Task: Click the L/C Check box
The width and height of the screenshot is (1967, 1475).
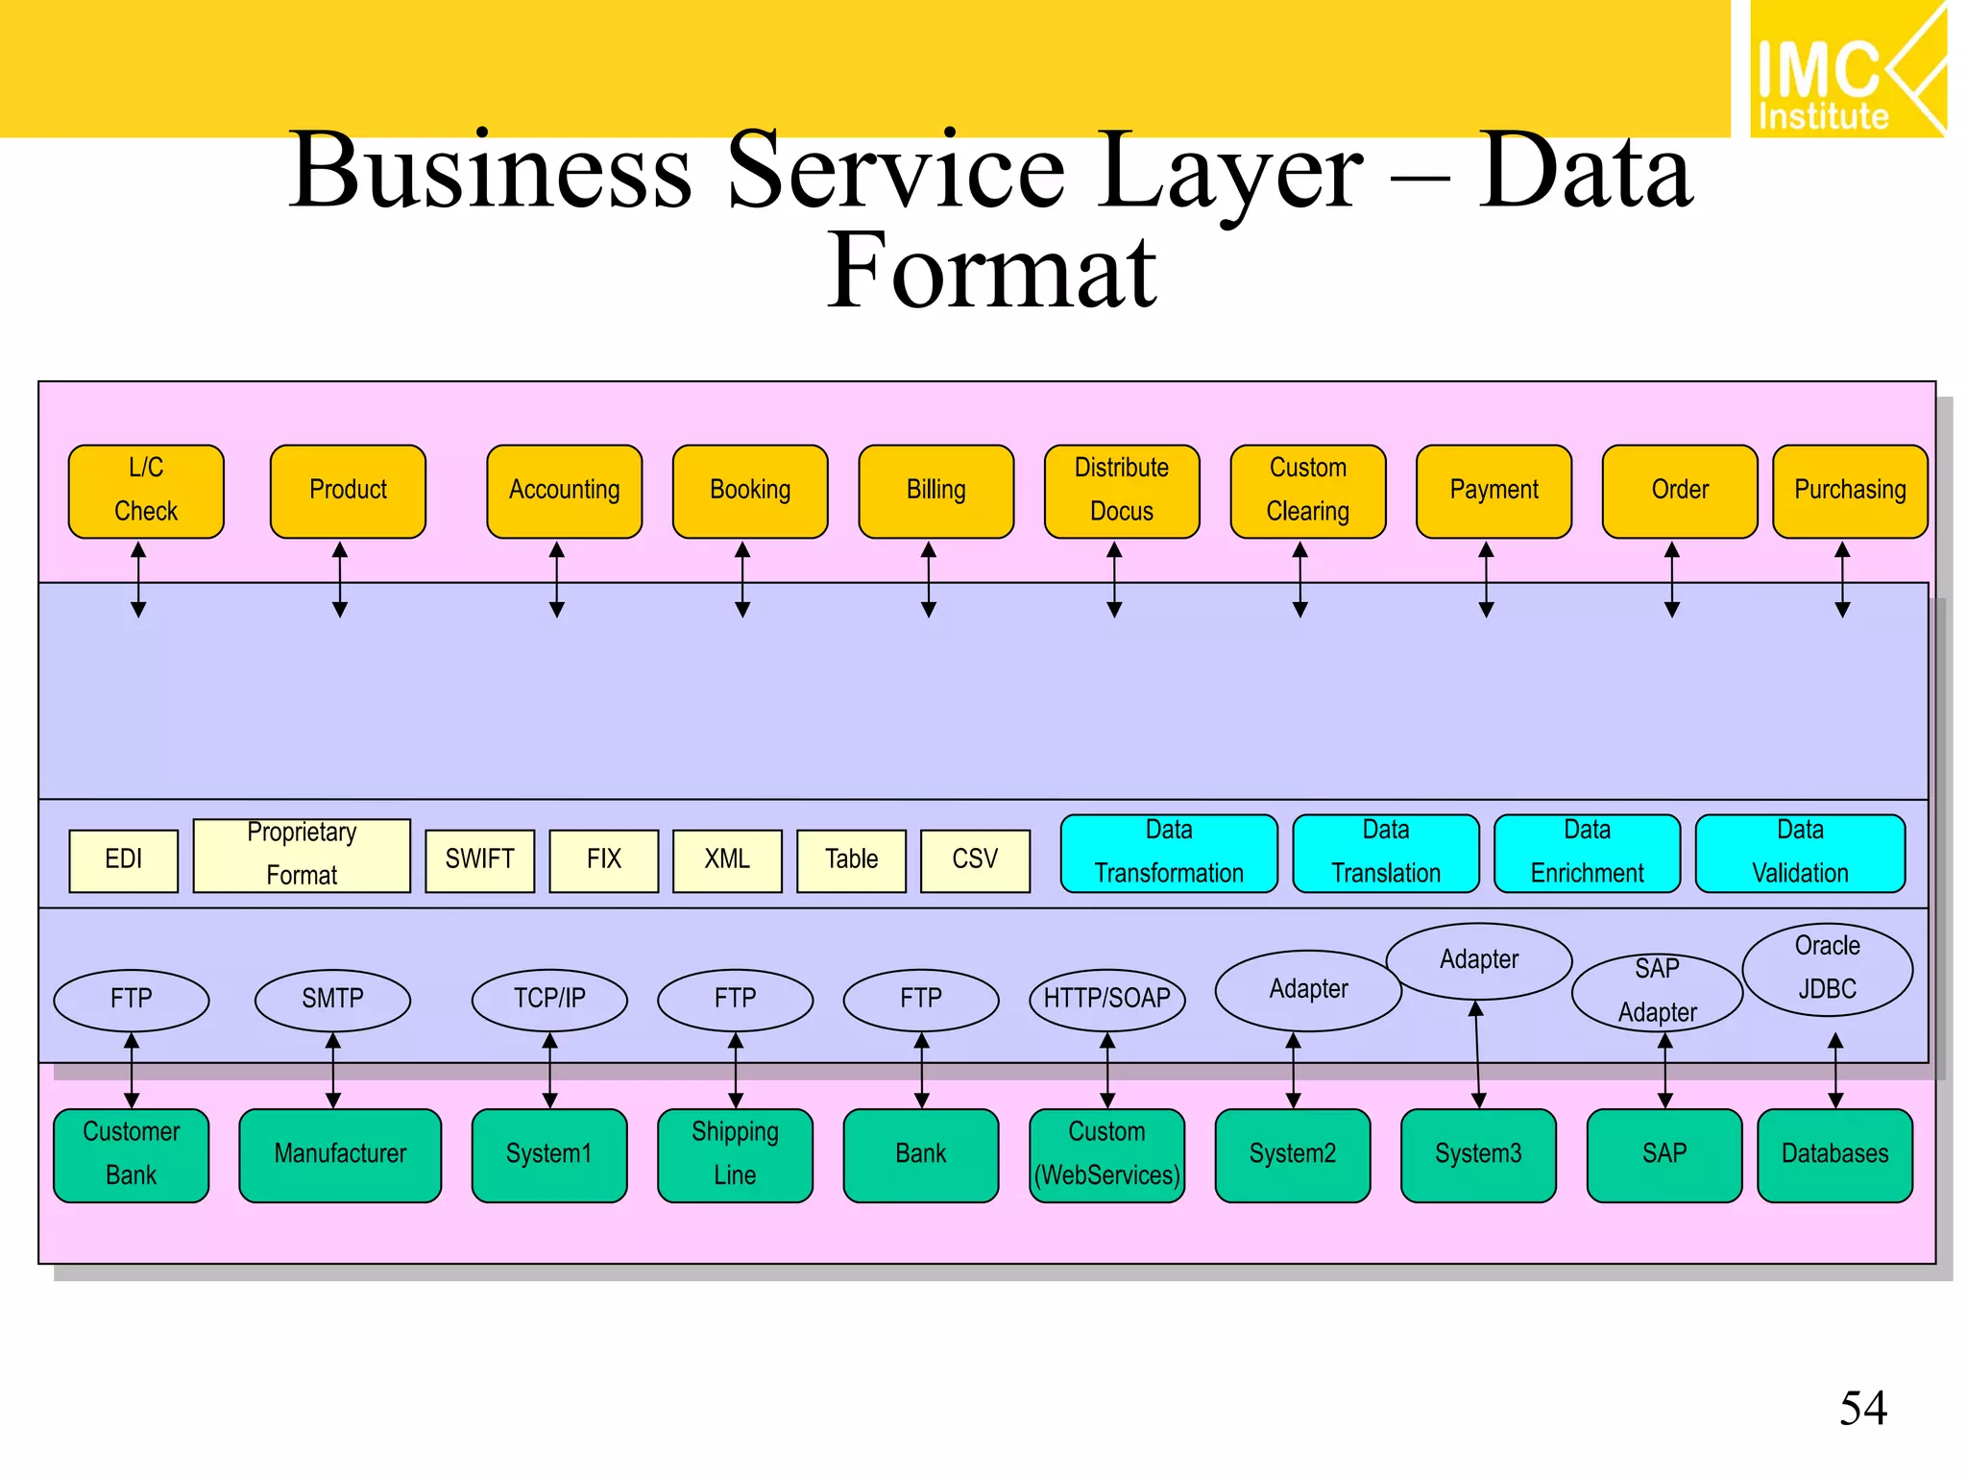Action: [x=146, y=491]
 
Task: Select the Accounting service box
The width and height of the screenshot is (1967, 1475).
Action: [x=564, y=491]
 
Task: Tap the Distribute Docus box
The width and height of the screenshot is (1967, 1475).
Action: [x=1122, y=491]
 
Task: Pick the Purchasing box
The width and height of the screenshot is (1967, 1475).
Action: [x=1850, y=491]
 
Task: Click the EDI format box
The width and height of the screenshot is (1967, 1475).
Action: [x=124, y=860]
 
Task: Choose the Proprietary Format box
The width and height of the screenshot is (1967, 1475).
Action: [x=302, y=855]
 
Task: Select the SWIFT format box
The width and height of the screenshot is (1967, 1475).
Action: [x=479, y=860]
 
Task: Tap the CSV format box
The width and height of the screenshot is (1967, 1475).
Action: [x=975, y=860]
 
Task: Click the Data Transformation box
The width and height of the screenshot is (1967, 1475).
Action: [x=1169, y=853]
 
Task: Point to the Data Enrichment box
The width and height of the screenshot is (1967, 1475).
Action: [x=1587, y=853]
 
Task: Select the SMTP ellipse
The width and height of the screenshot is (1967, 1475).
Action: [x=332, y=1000]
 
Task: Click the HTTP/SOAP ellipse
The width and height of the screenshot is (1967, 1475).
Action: [x=1107, y=1000]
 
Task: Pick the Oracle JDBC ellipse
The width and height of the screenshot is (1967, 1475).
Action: [x=1827, y=969]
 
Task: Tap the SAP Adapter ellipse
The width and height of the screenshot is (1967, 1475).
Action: [x=1657, y=992]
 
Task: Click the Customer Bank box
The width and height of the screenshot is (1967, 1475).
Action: [x=132, y=1154]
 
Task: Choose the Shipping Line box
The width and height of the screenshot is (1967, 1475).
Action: [x=735, y=1154]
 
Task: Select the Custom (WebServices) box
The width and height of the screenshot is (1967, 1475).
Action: [x=1107, y=1154]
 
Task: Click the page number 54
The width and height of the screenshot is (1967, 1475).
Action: [x=1863, y=1409]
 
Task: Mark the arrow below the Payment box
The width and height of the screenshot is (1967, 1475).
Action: [x=1486, y=580]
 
